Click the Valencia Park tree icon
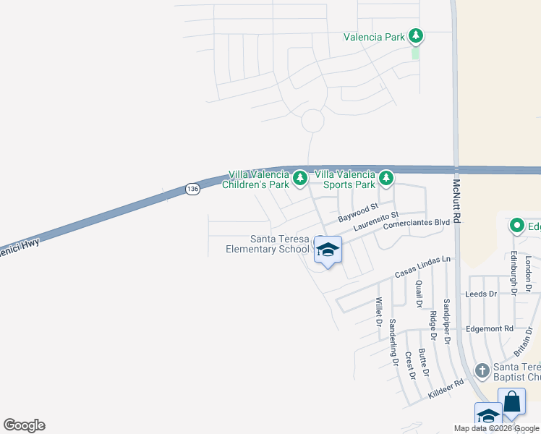[415, 35]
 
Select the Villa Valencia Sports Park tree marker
[386, 177]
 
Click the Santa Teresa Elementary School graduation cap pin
[328, 250]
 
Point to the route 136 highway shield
[192, 189]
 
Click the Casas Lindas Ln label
[423, 267]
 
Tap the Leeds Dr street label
[481, 294]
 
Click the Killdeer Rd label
[445, 391]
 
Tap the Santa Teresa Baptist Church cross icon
[482, 371]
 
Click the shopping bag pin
[511, 401]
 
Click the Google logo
[24, 425]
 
